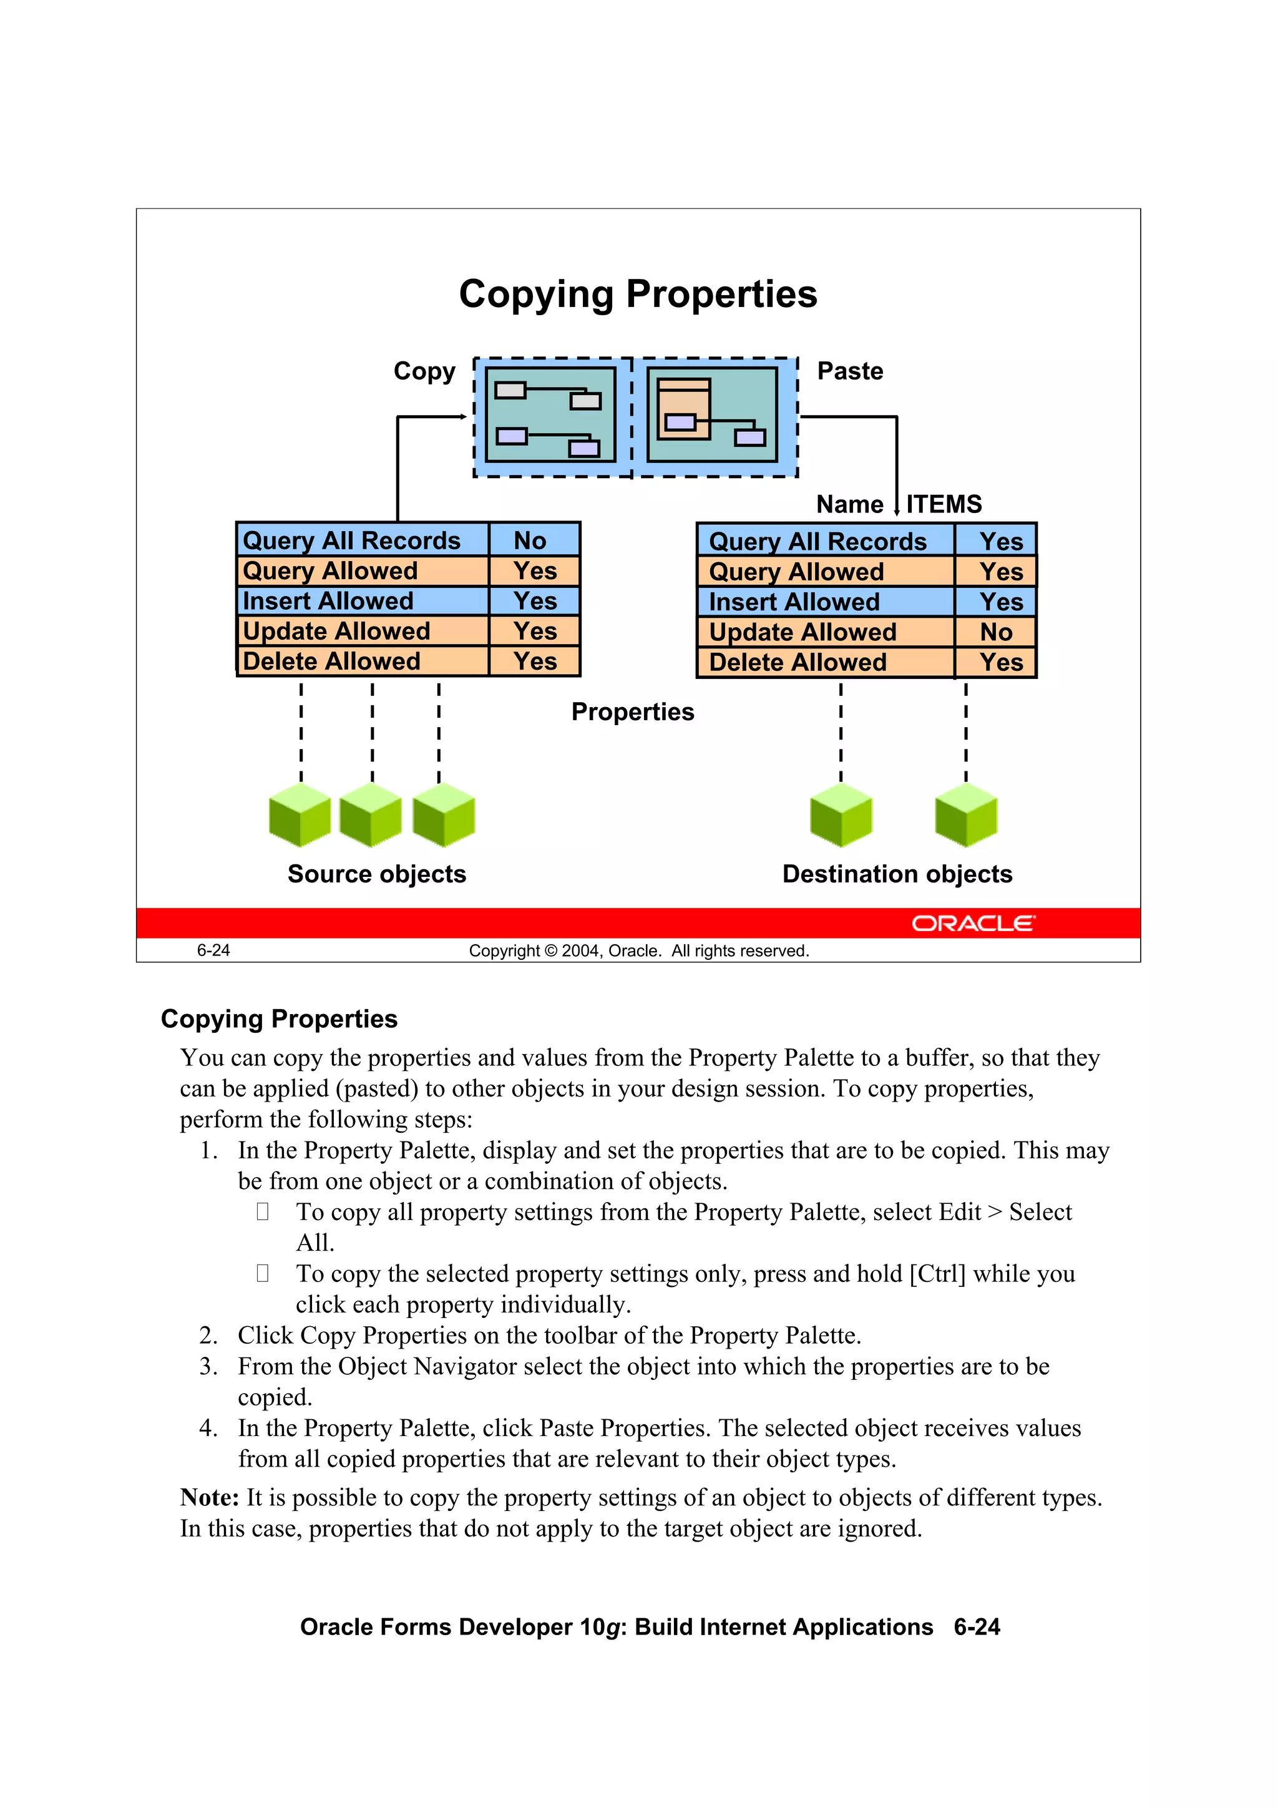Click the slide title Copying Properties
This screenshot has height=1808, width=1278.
(638, 294)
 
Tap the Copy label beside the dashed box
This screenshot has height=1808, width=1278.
(424, 371)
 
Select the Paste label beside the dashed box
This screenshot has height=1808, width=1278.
(850, 371)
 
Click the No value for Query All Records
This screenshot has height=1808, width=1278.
(530, 540)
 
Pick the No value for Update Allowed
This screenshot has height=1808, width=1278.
(996, 632)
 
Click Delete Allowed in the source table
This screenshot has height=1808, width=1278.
(331, 662)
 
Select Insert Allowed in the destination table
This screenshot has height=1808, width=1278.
(794, 602)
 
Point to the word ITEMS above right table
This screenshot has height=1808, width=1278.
(944, 504)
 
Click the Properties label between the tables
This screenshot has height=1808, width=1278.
(632, 712)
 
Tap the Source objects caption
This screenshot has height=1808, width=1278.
(376, 874)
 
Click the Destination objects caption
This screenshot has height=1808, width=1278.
(897, 874)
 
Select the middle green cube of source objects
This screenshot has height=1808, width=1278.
(371, 816)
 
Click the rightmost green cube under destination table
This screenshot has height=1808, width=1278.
(966, 816)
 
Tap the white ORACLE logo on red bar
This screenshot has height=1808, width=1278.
(973, 923)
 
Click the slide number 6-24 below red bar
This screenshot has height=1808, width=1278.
(213, 950)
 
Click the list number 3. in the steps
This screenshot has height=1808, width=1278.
(208, 1366)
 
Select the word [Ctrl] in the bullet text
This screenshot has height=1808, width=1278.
(937, 1273)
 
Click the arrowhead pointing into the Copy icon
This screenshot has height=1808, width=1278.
(464, 416)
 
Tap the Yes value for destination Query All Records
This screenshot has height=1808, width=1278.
(1001, 542)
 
